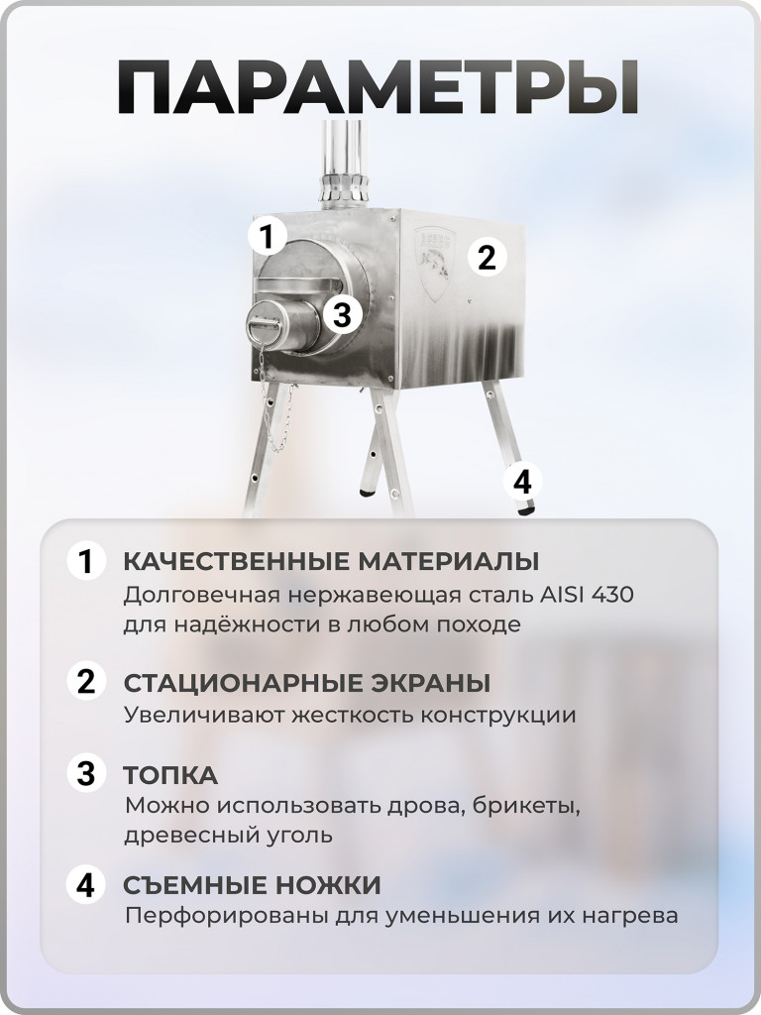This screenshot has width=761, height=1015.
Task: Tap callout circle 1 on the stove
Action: (x=266, y=237)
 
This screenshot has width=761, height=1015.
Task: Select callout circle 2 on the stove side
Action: (x=486, y=258)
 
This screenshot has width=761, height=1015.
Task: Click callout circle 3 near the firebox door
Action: (x=342, y=315)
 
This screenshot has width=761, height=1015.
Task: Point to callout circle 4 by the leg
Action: (x=522, y=482)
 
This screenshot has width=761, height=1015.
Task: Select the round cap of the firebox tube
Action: (x=265, y=326)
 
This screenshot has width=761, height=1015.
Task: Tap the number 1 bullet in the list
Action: (x=86, y=562)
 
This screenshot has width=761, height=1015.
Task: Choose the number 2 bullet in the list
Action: (x=86, y=683)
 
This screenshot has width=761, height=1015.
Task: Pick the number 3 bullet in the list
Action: (x=86, y=773)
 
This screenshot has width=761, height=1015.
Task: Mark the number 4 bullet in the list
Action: (x=86, y=884)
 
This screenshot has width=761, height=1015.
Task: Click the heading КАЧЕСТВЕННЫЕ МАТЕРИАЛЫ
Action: (x=331, y=562)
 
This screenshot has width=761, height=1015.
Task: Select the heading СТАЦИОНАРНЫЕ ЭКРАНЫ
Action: (x=306, y=683)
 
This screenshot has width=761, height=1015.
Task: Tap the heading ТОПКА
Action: (x=170, y=774)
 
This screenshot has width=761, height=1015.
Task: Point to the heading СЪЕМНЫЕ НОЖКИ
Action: (x=252, y=884)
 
